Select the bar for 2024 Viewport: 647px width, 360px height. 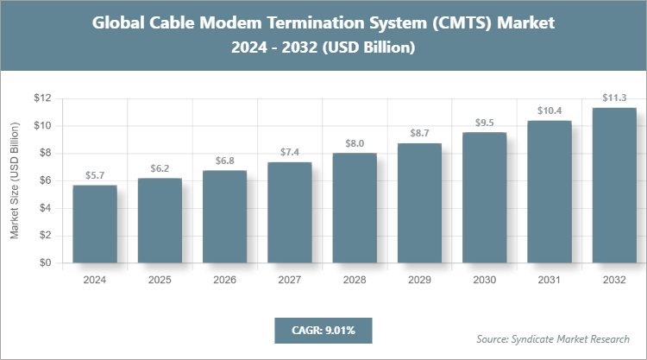click(95, 224)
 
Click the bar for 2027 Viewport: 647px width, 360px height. click(289, 212)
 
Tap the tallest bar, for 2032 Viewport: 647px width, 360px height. click(613, 186)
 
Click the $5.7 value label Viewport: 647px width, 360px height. click(95, 175)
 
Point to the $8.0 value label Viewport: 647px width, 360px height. click(355, 144)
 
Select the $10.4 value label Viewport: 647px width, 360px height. click(549, 111)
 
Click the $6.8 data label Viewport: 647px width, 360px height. click(224, 161)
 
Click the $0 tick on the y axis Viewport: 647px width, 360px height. click(43, 263)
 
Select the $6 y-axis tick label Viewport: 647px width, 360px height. click(43, 180)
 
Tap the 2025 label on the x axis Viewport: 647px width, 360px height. click(160, 280)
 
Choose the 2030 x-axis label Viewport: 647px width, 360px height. click(484, 280)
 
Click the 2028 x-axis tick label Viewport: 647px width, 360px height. click(355, 280)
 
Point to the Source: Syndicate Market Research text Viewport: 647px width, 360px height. click(553, 338)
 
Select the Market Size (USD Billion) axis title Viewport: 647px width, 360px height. click(15, 181)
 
